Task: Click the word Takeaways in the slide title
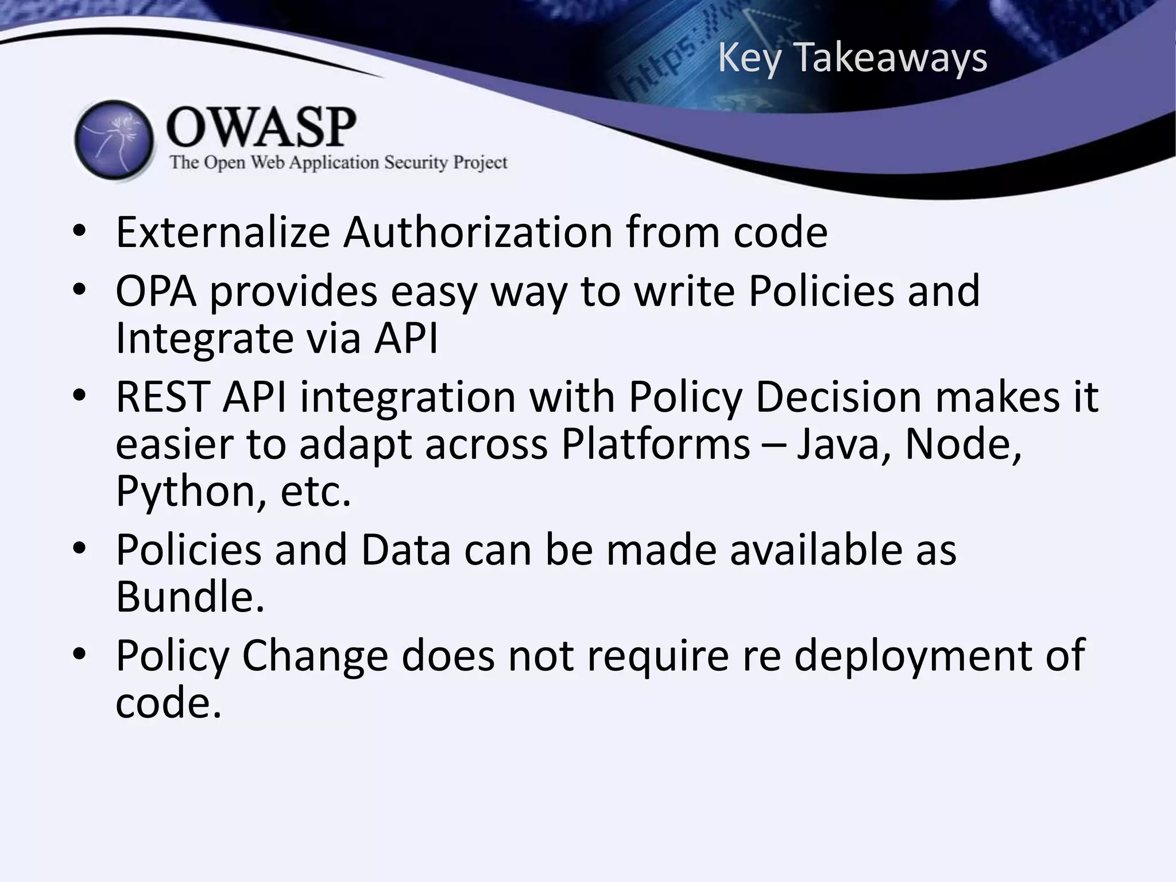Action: point(891,58)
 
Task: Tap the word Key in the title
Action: point(749,59)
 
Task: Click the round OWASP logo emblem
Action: point(115,140)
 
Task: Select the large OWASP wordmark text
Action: point(261,127)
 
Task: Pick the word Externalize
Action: point(223,232)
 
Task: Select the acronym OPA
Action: point(156,291)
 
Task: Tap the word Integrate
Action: point(203,338)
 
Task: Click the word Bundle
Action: point(190,597)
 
